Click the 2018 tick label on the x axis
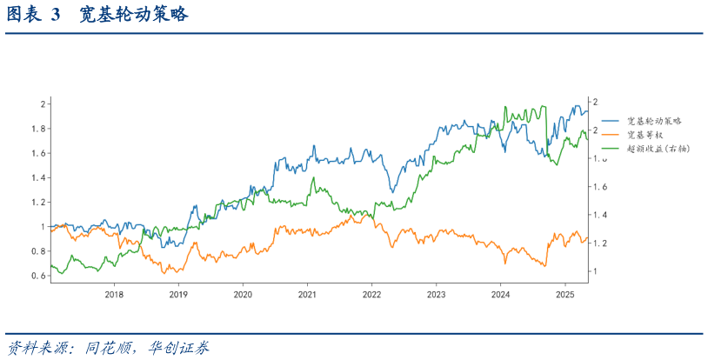pyautogui.click(x=114, y=295)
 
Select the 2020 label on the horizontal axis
pyautogui.click(x=243, y=295)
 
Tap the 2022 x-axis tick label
pyautogui.click(x=371, y=295)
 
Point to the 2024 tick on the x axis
pyautogui.click(x=500, y=295)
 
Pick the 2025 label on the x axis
pyautogui.click(x=564, y=295)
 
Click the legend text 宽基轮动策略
pyautogui.click(x=654, y=121)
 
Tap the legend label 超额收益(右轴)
pyautogui.click(x=658, y=149)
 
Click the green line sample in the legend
pyautogui.click(x=611, y=149)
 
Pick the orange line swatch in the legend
pyautogui.click(x=611, y=135)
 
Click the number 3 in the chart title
pyautogui.click(x=55, y=16)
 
